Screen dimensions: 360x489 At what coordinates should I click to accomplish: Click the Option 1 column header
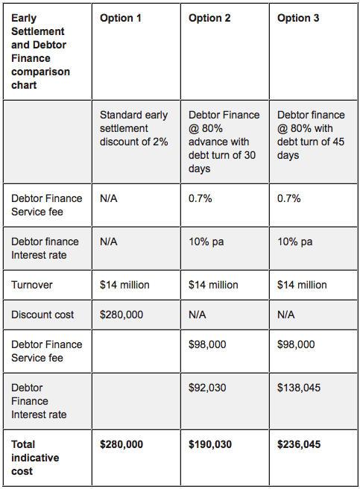[x=121, y=18]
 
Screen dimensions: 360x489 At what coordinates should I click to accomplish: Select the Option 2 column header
[x=209, y=18]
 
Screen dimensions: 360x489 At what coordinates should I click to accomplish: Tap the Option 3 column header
[x=298, y=18]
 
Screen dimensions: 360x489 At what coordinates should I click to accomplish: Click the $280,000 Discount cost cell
[x=121, y=315]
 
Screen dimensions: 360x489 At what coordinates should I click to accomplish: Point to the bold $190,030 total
[x=210, y=444]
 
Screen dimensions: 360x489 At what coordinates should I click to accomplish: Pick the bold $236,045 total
[x=299, y=444]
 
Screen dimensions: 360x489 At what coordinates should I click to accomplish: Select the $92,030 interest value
[x=207, y=388]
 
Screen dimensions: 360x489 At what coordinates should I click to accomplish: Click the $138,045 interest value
[x=299, y=388]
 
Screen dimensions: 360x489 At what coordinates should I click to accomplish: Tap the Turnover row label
[x=32, y=285]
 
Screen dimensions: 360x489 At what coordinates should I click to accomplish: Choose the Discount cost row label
[x=42, y=315]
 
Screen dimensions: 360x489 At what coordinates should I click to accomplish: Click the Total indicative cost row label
[x=35, y=458]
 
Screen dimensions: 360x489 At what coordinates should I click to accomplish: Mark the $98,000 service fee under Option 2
[x=207, y=344]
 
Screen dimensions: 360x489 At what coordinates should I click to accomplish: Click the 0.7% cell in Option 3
[x=289, y=198]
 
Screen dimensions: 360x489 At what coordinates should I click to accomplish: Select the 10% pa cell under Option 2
[x=206, y=242]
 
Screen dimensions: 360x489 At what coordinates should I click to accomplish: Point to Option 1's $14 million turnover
[x=124, y=285]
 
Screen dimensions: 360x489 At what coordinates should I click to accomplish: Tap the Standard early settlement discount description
[x=134, y=128]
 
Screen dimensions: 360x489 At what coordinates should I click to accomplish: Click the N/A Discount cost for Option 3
[x=285, y=315]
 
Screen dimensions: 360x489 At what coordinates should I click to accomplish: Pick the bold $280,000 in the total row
[x=121, y=444]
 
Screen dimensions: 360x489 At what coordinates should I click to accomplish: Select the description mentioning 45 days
[x=311, y=135]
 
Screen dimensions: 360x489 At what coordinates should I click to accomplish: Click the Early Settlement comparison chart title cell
[x=40, y=51]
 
